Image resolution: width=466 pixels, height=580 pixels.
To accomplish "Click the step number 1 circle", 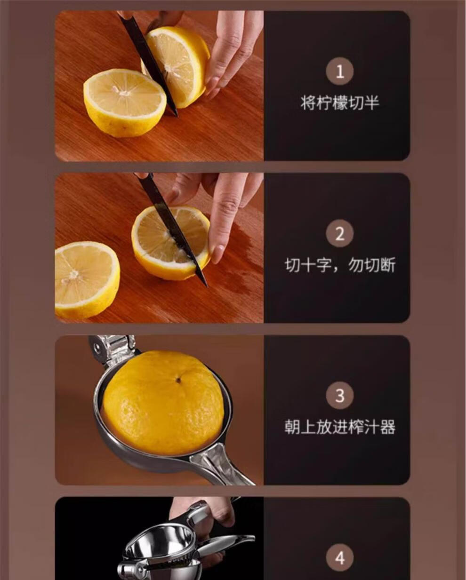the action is [339, 72].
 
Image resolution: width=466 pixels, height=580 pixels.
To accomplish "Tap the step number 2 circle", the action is [339, 234].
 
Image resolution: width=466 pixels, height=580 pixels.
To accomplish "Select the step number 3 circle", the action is [339, 396].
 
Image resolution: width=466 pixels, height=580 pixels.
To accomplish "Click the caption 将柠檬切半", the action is [340, 103].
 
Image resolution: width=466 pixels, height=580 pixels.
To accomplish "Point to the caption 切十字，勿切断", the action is [340, 265].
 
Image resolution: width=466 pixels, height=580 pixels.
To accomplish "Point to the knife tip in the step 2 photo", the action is [206, 286].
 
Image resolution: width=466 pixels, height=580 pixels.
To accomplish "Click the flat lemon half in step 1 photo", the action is [125, 103].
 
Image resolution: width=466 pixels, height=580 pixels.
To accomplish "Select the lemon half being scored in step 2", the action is [171, 243].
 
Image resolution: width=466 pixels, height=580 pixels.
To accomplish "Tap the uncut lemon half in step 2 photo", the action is [87, 280].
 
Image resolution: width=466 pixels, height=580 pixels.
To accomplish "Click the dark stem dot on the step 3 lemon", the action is [178, 380].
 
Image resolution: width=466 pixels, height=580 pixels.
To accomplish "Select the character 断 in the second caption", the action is [388, 265].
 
